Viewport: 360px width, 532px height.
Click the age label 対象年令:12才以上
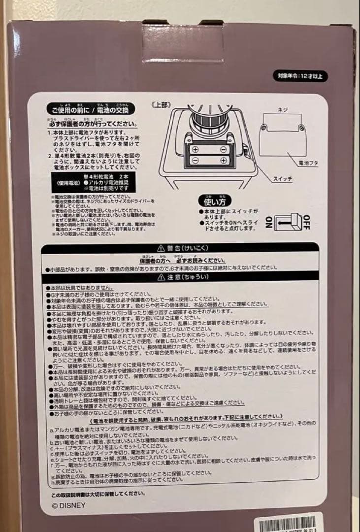point(300,76)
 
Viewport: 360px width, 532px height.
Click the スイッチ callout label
point(283,179)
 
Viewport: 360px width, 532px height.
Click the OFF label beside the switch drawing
point(306,222)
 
